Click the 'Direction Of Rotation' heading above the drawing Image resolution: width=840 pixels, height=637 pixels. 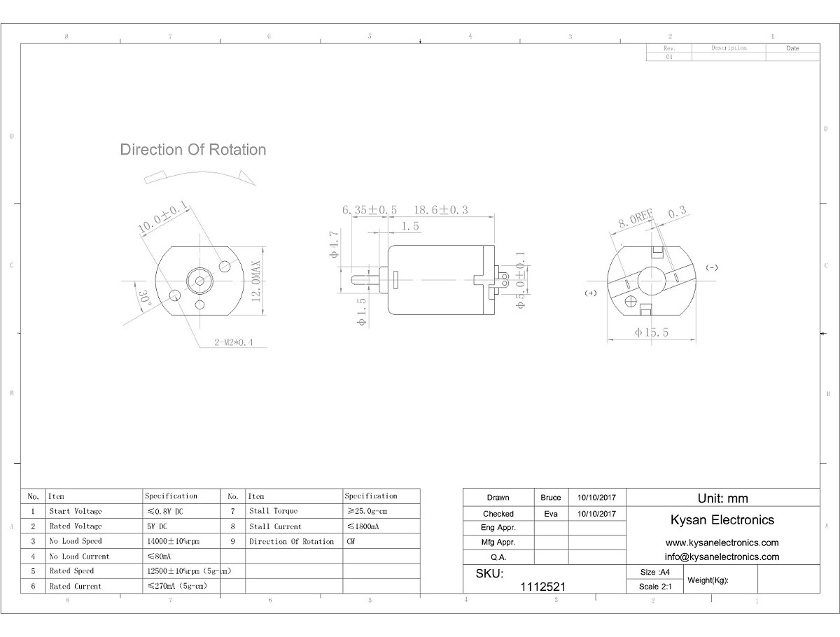click(x=193, y=150)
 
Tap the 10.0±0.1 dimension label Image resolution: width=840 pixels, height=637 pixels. click(x=163, y=216)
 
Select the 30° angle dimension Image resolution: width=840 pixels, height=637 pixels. click(x=144, y=301)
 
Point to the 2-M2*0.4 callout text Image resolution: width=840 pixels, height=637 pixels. click(x=233, y=342)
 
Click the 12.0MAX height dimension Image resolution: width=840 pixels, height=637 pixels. click(x=256, y=281)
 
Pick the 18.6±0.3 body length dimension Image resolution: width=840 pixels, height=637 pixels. click(x=441, y=210)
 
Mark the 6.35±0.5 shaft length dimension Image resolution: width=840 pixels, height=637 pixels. click(x=370, y=210)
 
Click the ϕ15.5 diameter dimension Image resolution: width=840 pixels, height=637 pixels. click(x=651, y=332)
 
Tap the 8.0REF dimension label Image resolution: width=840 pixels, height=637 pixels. click(x=636, y=218)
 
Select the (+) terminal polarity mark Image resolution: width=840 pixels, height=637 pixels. click(x=591, y=293)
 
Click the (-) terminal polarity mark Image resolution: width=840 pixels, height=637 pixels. click(x=712, y=267)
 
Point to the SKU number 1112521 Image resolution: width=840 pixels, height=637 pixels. click(x=542, y=587)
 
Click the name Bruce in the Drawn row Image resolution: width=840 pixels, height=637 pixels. click(x=551, y=498)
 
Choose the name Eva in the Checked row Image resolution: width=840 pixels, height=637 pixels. click(x=551, y=514)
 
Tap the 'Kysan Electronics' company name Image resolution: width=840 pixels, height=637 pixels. click(x=722, y=519)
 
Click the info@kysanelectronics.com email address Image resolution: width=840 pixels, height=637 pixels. click(x=722, y=556)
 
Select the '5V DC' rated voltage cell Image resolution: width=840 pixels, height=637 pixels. click(x=157, y=526)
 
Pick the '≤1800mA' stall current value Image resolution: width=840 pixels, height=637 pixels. click(x=363, y=526)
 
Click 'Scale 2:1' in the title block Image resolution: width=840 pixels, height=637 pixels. click(x=655, y=587)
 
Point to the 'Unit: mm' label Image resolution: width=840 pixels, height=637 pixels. click(x=722, y=498)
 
